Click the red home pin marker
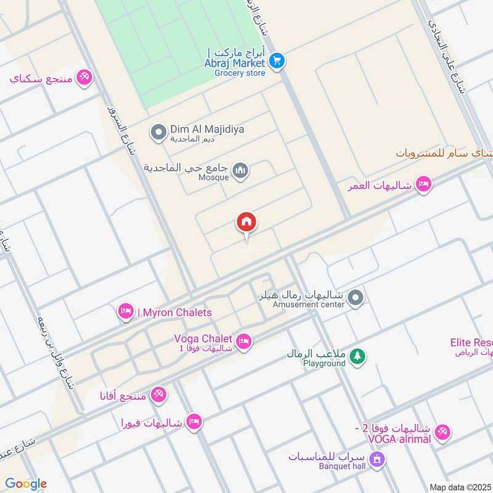tap(246, 222)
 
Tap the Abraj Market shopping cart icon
tap(277, 60)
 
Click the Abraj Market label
tap(235, 63)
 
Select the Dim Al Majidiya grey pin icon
tap(159, 131)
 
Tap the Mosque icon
tap(240, 169)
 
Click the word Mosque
tap(214, 177)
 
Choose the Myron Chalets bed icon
tap(126, 312)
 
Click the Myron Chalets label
tap(174, 312)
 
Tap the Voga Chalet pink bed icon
tap(244, 341)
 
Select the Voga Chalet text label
tap(203, 338)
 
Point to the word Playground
tap(324, 364)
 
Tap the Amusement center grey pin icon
tap(355, 299)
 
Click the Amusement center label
tap(301, 304)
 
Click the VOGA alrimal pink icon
tap(442, 433)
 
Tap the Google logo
tap(26, 484)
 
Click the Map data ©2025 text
tap(459, 487)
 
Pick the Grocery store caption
tap(240, 73)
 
